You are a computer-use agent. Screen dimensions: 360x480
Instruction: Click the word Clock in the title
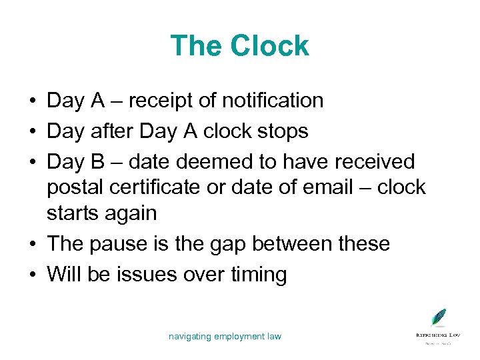[x=270, y=46]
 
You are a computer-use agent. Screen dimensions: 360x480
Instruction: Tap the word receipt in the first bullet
[x=162, y=101]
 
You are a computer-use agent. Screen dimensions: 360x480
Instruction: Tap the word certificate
[x=159, y=188]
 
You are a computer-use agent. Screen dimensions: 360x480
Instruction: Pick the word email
[x=327, y=188]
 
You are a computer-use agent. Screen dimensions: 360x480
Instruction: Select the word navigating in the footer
[x=189, y=337]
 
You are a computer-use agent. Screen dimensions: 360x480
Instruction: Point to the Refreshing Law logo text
[x=437, y=334]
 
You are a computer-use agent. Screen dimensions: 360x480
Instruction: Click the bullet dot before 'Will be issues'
[x=33, y=275]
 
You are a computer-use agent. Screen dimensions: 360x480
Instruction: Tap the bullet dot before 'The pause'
[x=33, y=244]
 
